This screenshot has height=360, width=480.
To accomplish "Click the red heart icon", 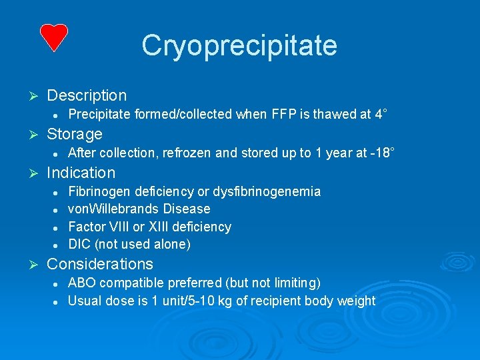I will (53, 37).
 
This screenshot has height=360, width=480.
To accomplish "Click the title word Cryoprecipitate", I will (239, 45).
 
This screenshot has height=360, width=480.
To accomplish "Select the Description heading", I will (87, 96).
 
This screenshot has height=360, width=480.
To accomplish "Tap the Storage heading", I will (75, 134).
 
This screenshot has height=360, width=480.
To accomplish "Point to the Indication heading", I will (81, 173).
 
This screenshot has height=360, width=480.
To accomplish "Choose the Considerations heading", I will (100, 264).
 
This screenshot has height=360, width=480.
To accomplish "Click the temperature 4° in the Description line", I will (381, 115).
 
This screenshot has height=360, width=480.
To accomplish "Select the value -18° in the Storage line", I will (383, 153).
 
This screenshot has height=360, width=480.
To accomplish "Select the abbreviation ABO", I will (82, 283).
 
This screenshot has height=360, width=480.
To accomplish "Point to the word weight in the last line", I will (356, 301).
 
